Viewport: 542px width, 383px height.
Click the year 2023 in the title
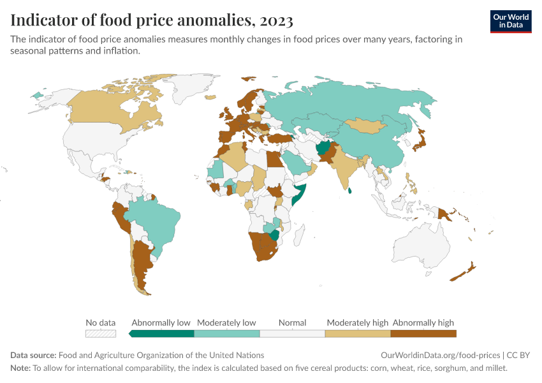[276, 20]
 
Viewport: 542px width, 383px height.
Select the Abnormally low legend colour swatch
[163, 333]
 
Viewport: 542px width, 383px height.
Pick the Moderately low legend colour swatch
[227, 333]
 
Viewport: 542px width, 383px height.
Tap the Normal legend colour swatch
[293, 333]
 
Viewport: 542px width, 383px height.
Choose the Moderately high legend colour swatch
[358, 333]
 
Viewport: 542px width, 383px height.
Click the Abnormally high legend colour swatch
[423, 333]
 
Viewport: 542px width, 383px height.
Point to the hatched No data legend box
[101, 333]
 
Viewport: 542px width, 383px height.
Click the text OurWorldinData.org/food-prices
[440, 355]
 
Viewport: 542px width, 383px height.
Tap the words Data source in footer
[33, 355]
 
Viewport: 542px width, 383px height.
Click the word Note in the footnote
[20, 368]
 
